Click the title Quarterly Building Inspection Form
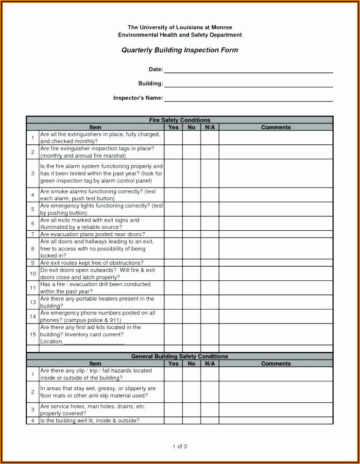[180, 50]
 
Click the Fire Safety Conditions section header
[180, 120]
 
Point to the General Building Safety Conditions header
[180, 356]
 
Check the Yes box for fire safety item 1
[173, 137]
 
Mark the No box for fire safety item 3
[191, 173]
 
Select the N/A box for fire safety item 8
[210, 248]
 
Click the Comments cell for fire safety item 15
[276, 334]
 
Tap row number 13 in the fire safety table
[33, 302]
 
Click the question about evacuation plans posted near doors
[92, 234]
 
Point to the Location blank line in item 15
[94, 342]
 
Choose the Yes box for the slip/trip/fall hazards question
[173, 374]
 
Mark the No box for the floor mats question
[191, 392]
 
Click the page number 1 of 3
[180, 446]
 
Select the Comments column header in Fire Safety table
[276, 127]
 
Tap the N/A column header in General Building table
[210, 363]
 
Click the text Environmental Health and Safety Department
[180, 35]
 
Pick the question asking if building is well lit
[90, 421]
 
